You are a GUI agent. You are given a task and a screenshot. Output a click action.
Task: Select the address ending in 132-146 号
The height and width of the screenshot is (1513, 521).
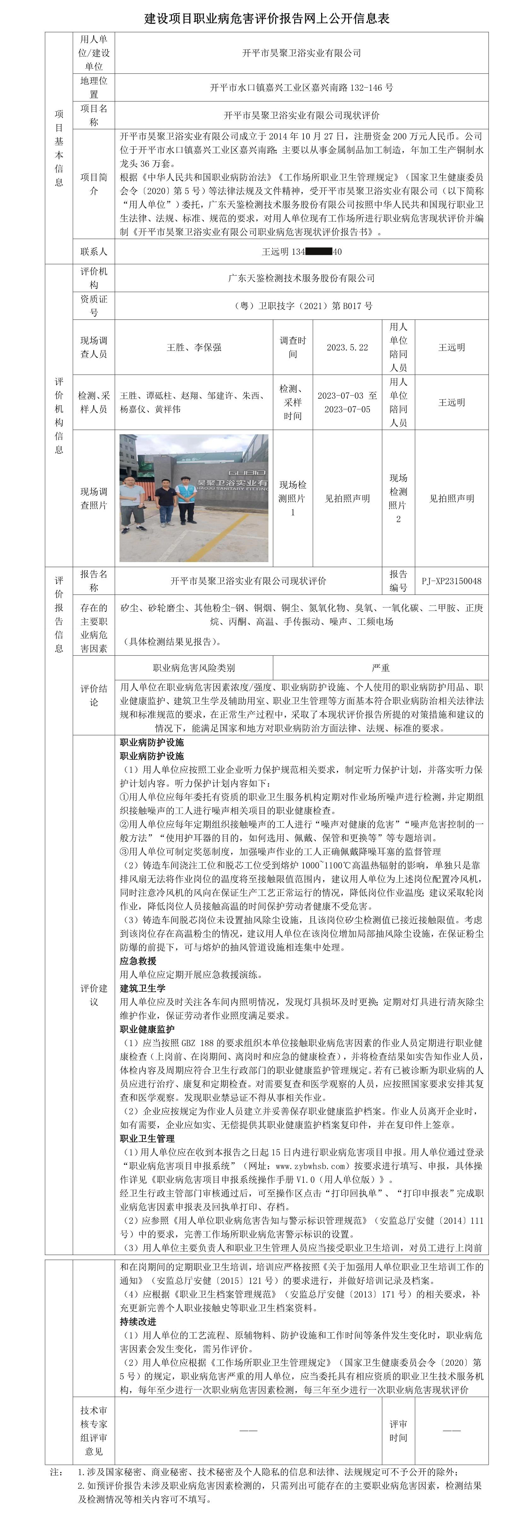(301, 87)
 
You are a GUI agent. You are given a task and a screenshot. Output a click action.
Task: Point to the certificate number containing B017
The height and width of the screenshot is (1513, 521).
(301, 305)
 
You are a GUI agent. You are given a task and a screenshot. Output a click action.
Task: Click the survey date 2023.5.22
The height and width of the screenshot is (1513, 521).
(347, 347)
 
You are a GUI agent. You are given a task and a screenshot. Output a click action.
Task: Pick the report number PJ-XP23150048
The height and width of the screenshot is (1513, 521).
(451, 581)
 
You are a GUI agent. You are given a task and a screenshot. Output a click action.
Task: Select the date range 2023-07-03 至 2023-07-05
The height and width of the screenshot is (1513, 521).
(347, 402)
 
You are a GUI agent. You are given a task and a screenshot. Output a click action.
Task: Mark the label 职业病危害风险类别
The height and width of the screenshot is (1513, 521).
(194, 668)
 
